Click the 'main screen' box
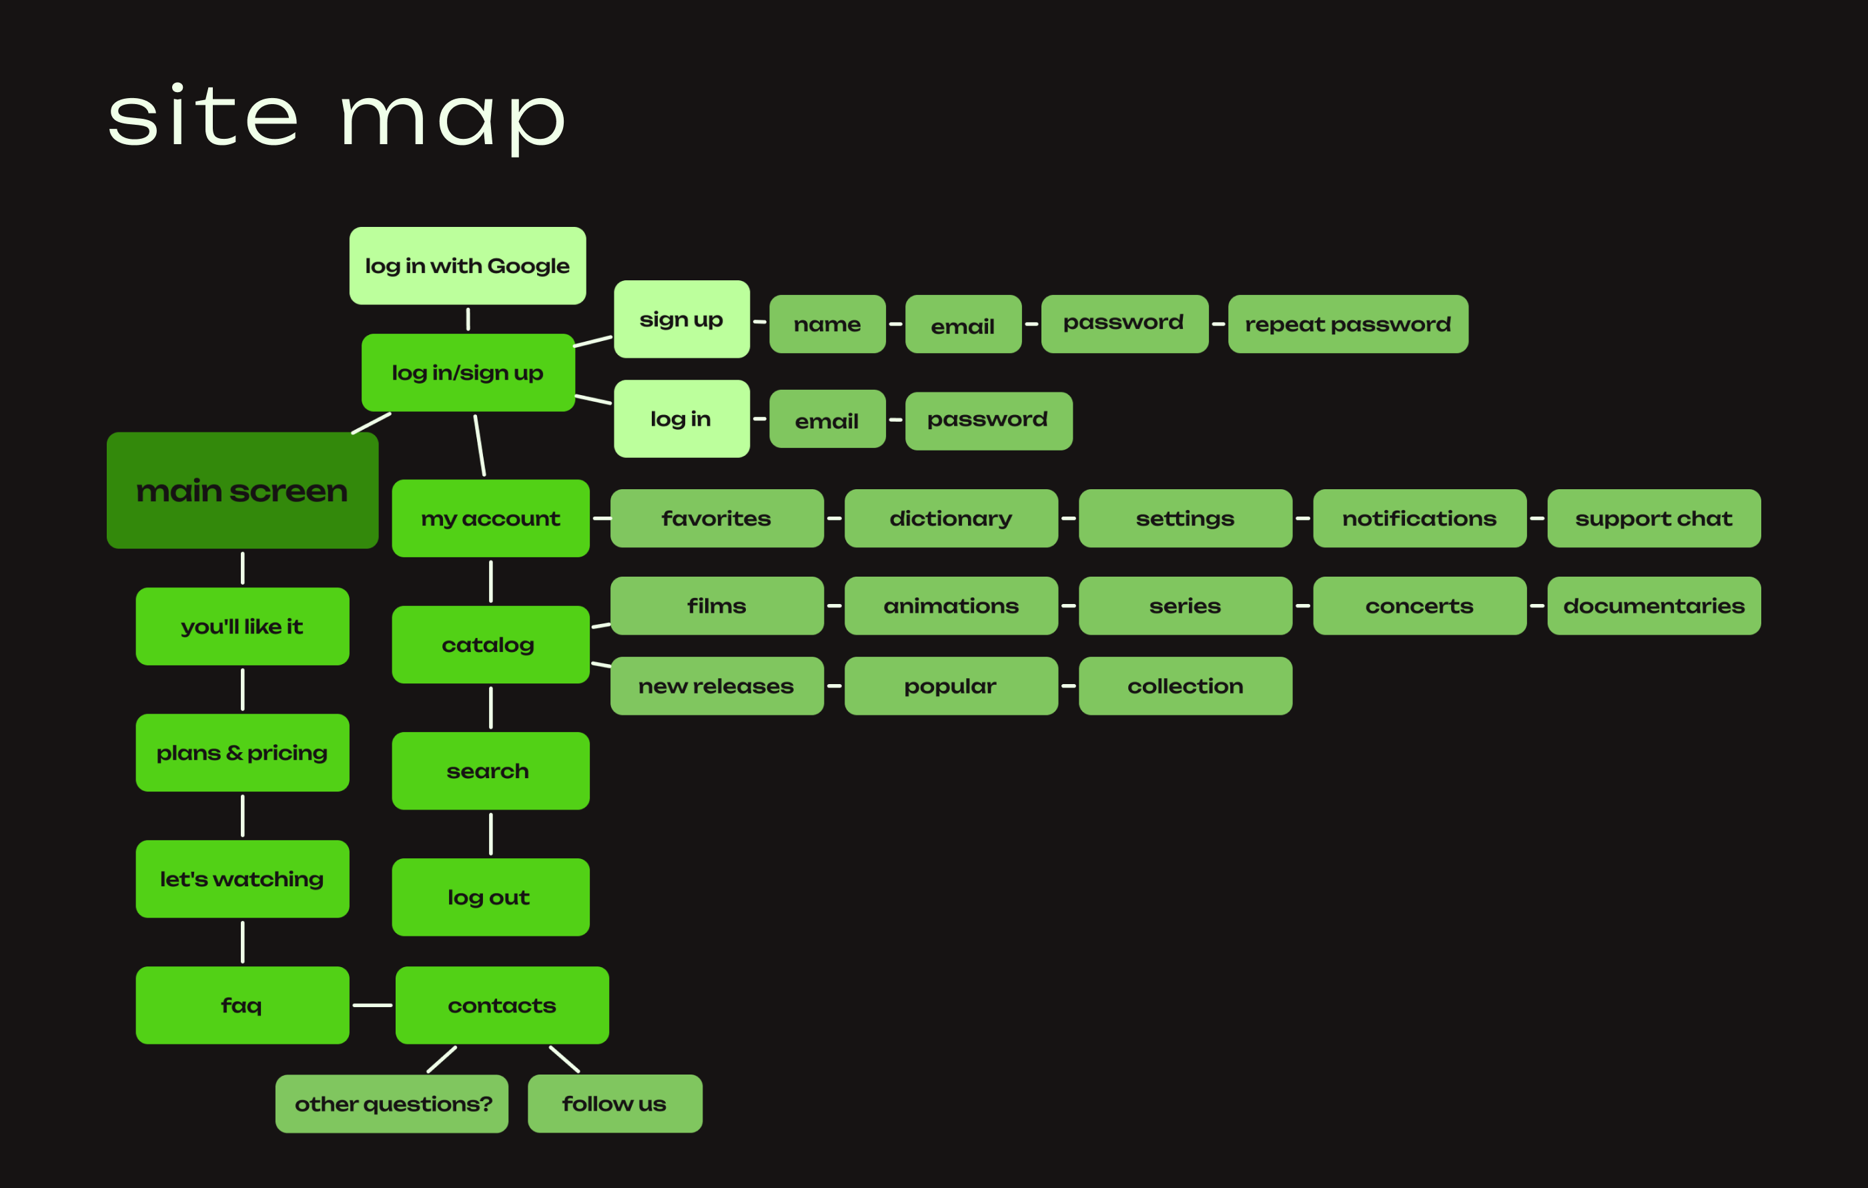(x=242, y=491)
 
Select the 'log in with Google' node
(x=467, y=266)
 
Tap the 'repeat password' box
(x=1348, y=324)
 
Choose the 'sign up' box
(x=681, y=319)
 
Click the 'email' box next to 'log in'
(x=827, y=420)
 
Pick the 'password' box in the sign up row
(x=1124, y=324)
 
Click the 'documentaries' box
(x=1653, y=605)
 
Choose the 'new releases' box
(x=716, y=686)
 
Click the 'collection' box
(x=1185, y=686)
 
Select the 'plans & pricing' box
(x=242, y=753)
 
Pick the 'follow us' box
(x=614, y=1103)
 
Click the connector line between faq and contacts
(x=372, y=1005)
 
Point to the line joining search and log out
(x=490, y=834)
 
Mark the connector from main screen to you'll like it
(x=243, y=568)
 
